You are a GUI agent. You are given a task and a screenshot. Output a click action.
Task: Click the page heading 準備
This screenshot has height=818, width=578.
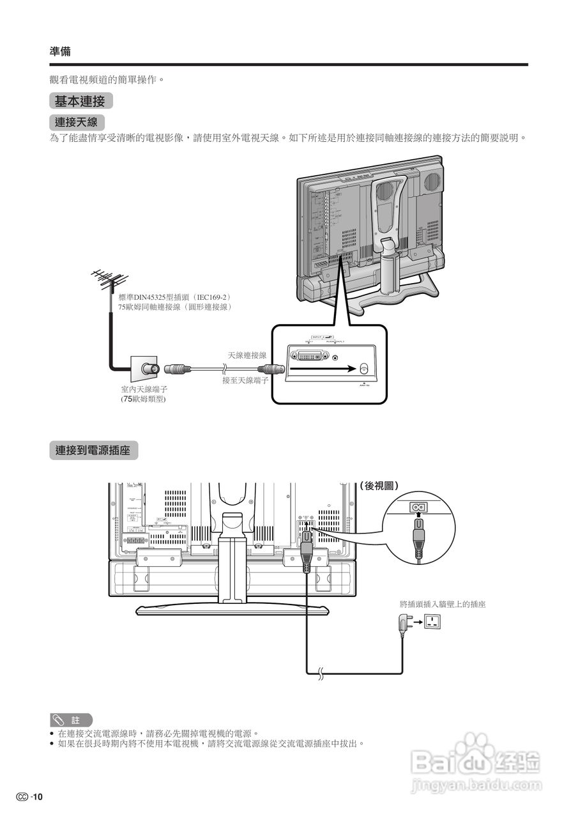60,52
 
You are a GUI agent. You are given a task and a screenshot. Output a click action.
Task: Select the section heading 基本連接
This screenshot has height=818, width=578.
80,101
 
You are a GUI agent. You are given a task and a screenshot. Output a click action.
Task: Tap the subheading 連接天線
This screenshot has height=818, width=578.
77,121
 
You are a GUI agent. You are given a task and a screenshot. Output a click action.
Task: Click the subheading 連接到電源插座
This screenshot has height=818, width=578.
93,451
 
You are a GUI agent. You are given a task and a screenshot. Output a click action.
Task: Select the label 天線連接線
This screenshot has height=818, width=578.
247,355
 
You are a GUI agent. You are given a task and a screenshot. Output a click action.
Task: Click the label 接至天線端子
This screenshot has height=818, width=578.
245,380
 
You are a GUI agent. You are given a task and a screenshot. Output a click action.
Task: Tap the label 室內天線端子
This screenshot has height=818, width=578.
144,389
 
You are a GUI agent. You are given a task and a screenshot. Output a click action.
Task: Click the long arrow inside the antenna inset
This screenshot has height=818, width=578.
326,369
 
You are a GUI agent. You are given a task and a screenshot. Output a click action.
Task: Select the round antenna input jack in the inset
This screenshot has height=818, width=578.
364,369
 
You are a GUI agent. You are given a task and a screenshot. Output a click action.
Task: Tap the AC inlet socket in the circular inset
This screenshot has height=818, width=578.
418,507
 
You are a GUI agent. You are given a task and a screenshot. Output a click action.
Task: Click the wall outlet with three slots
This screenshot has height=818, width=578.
433,620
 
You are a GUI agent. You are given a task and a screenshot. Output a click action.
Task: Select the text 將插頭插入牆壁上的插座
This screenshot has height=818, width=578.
442,604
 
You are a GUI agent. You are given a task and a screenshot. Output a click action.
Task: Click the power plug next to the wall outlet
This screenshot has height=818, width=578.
404,622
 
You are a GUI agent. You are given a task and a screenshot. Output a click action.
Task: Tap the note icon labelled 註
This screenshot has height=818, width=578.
71,720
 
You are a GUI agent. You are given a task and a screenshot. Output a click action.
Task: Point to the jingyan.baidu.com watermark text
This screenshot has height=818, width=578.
476,784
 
